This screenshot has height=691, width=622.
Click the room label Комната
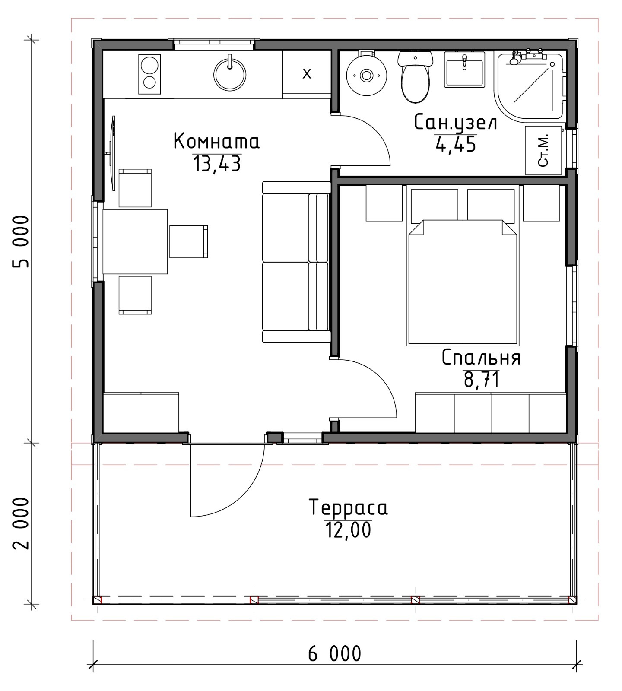pos(216,141)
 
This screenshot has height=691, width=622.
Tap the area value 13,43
pos(216,164)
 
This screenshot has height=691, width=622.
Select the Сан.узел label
pos(456,123)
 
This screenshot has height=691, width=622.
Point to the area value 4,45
pos(456,144)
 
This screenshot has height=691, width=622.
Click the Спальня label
pos(481,358)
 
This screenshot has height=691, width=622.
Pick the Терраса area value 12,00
pos(348,529)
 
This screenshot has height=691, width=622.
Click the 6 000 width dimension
pos(335,653)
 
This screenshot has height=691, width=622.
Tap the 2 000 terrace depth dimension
pos(21,523)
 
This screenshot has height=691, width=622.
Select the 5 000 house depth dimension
pos(21,242)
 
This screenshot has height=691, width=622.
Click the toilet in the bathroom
pos(415,76)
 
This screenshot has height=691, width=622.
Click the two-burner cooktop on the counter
pos(149,74)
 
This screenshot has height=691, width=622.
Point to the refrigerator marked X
pos(307,74)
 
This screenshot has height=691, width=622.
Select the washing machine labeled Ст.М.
pos(543,150)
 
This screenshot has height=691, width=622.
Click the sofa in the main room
pos(296,262)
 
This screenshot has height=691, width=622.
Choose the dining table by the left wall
pos(135,241)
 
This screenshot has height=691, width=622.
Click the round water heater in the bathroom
pos(366,75)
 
